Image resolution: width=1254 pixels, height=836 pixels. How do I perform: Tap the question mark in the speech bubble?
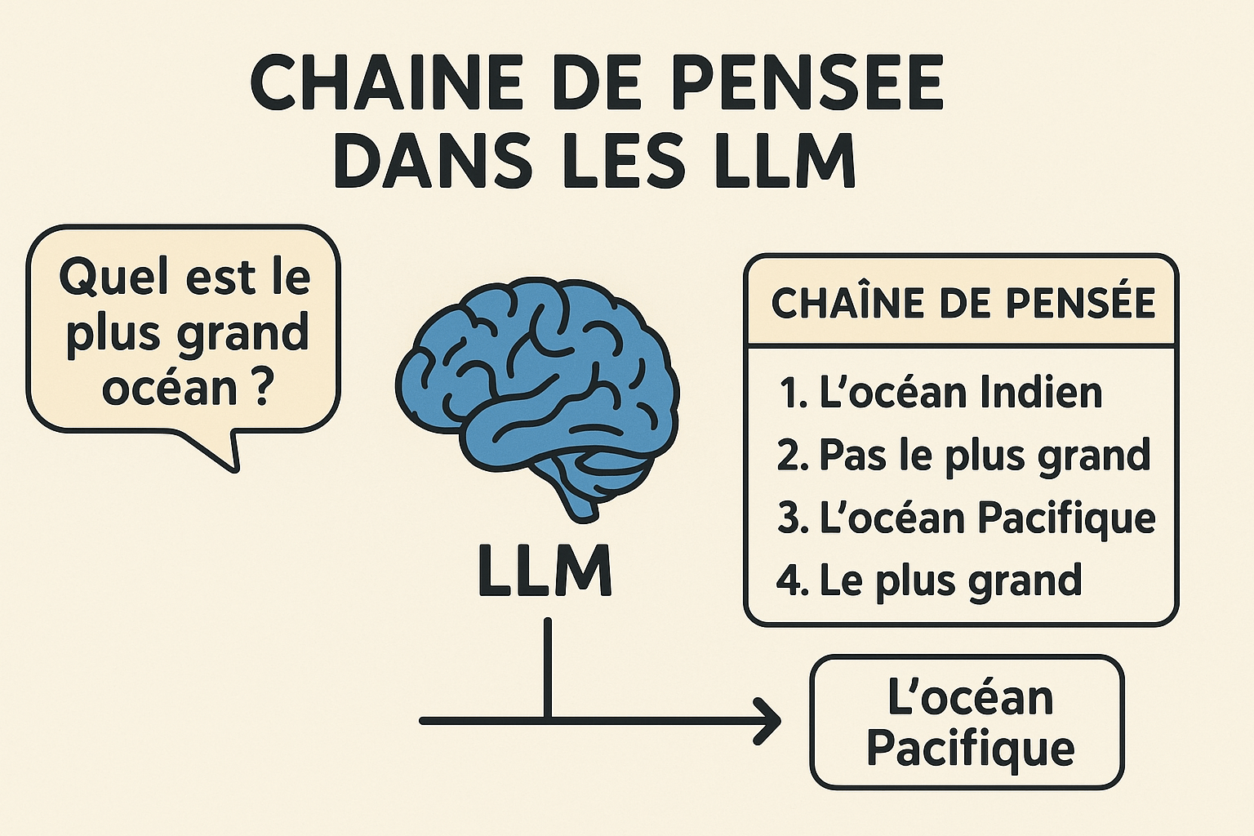coord(261,389)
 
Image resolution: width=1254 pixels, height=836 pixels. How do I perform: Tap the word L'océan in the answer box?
coord(970,698)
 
